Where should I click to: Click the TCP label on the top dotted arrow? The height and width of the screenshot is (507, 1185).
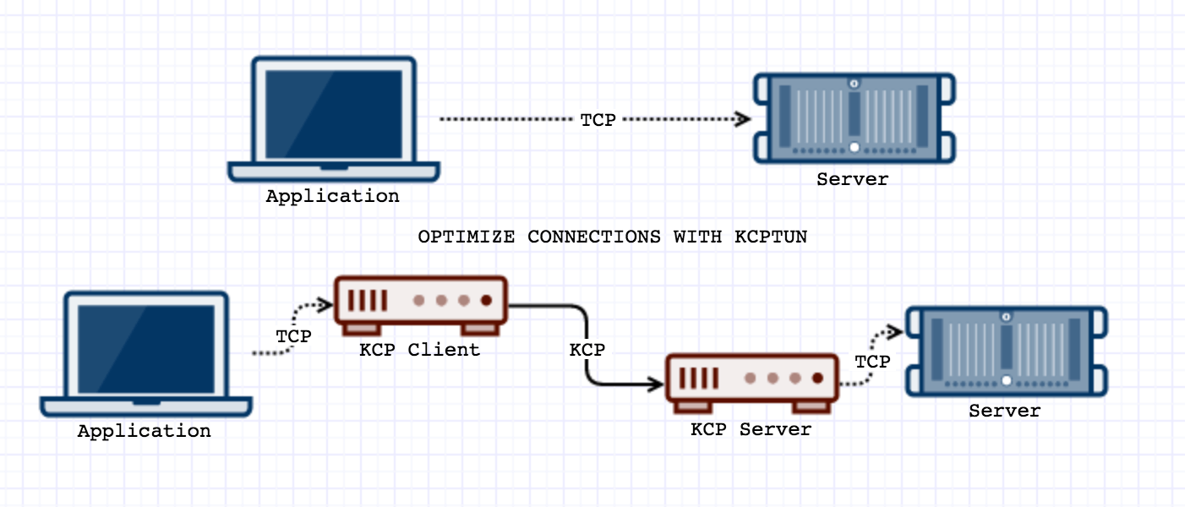coord(598,120)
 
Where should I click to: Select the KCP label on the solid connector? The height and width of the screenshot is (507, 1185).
coord(587,350)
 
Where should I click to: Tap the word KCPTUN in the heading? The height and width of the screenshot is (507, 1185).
coord(771,237)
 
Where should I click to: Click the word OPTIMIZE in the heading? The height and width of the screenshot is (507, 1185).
coord(466,237)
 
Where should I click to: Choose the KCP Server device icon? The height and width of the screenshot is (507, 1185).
coord(751,383)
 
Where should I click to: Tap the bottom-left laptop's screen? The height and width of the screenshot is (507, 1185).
coord(145,348)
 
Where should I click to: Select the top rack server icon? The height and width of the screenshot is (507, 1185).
coord(855,117)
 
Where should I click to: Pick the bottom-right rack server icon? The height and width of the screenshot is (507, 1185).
coord(1006,351)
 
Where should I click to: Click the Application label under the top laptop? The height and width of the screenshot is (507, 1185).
coord(332,196)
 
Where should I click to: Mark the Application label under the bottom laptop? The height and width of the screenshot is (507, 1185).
coord(145,431)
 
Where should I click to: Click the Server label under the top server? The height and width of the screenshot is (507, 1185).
coord(852,179)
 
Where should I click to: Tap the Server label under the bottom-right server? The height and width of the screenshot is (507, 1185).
coord(1004,412)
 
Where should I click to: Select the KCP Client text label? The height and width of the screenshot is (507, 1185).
coord(419,349)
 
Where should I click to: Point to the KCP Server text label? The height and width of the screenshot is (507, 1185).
coord(751,429)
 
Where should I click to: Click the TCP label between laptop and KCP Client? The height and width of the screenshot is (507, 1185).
coord(293,336)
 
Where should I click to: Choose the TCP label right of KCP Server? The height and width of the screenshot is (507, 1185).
coord(872,362)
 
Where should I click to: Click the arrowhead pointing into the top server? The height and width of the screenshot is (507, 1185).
coord(743,119)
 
